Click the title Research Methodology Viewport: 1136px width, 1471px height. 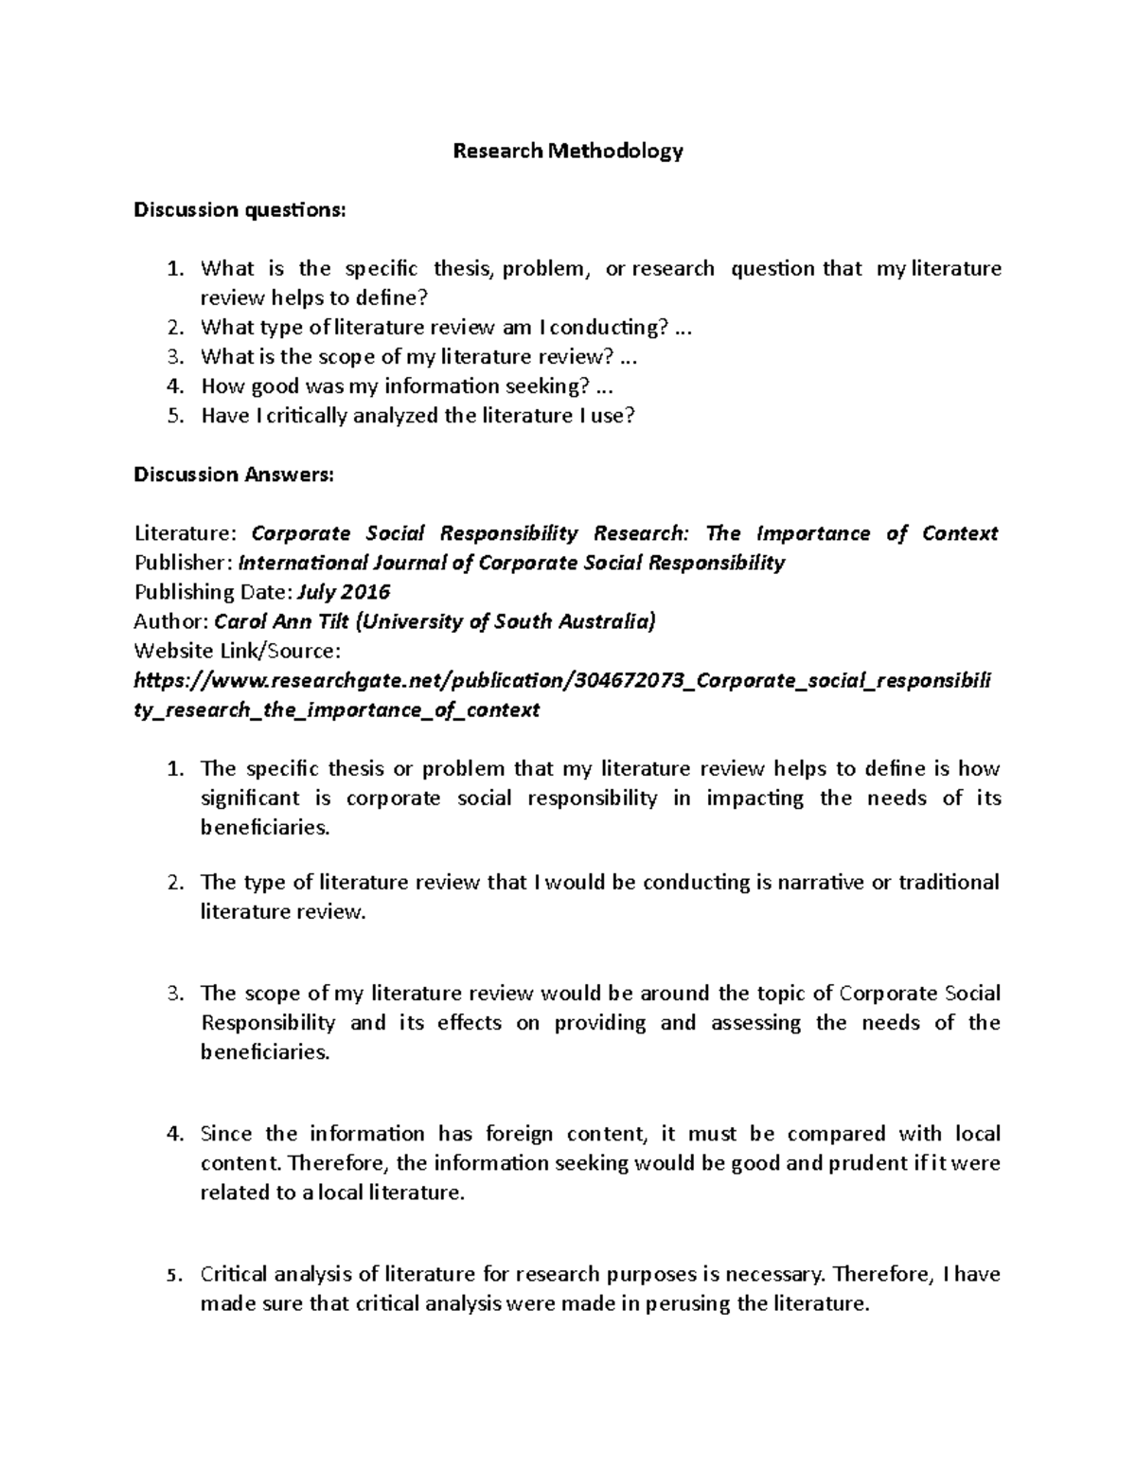(x=568, y=152)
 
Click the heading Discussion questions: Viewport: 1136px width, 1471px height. (x=240, y=210)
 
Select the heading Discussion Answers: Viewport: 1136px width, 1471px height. (x=233, y=475)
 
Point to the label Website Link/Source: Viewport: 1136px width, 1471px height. (x=237, y=652)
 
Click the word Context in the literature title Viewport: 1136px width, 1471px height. (x=960, y=534)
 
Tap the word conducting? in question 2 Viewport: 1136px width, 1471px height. (x=612, y=328)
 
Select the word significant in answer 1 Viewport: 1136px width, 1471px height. (x=250, y=798)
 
